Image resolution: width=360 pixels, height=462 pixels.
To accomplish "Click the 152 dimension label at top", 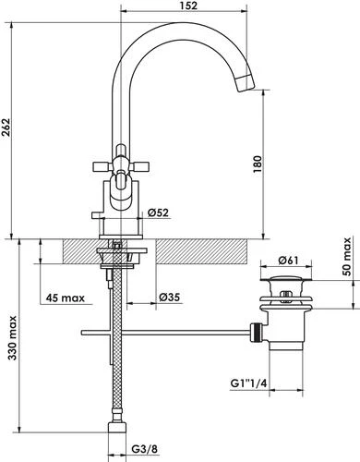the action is click(x=189, y=6).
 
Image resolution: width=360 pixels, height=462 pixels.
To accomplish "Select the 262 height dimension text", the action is click(x=6, y=128).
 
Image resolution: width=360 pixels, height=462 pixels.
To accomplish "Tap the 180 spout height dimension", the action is click(x=258, y=164).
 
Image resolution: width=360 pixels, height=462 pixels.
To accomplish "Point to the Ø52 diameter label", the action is click(x=158, y=213).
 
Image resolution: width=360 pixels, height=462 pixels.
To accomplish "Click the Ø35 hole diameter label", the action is click(x=170, y=298).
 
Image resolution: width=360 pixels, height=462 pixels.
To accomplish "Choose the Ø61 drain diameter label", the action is click(x=288, y=261).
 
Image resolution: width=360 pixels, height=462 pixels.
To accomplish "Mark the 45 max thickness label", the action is click(x=66, y=298).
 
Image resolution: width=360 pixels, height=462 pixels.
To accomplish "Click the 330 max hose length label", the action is click(x=12, y=337).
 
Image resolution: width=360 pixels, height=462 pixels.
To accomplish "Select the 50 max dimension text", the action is click(x=347, y=257).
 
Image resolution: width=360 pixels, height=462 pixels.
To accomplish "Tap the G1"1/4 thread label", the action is click(x=248, y=383).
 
